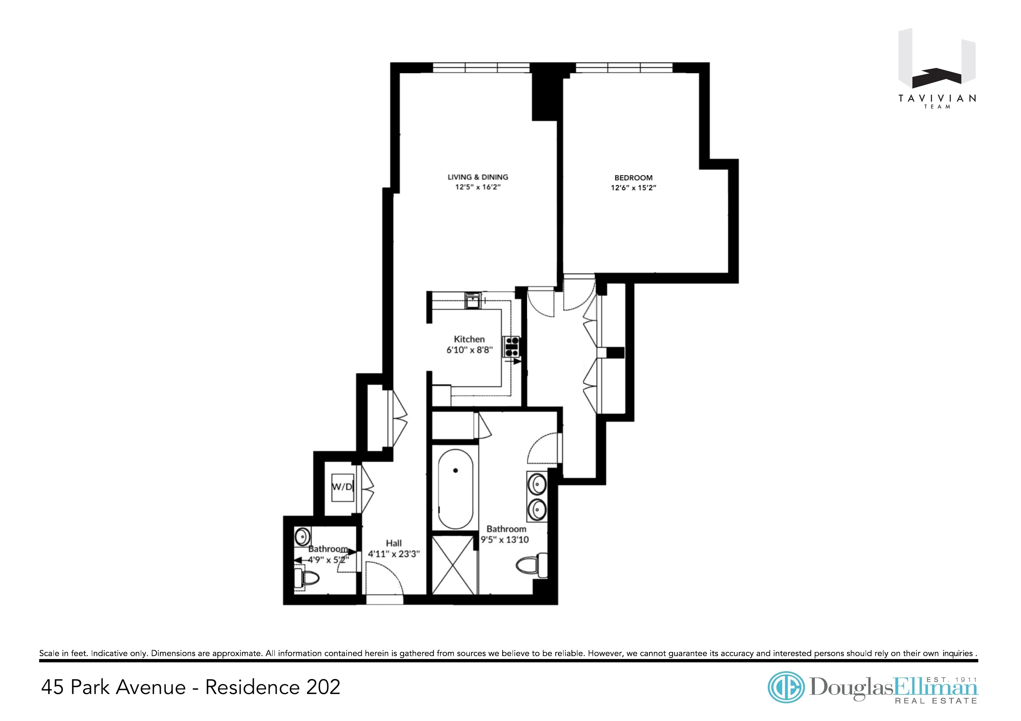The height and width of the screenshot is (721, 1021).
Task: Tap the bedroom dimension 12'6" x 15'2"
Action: pyautogui.click(x=633, y=188)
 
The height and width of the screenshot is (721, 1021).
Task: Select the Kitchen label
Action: pyautogui.click(x=469, y=339)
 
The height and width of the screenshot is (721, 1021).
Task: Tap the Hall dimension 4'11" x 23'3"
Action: pyautogui.click(x=394, y=554)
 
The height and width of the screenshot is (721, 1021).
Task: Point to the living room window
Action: pyautogui.click(x=481, y=68)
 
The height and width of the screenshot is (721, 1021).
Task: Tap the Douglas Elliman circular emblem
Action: pyautogui.click(x=786, y=687)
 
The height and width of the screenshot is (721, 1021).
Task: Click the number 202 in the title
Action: pyautogui.click(x=323, y=687)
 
